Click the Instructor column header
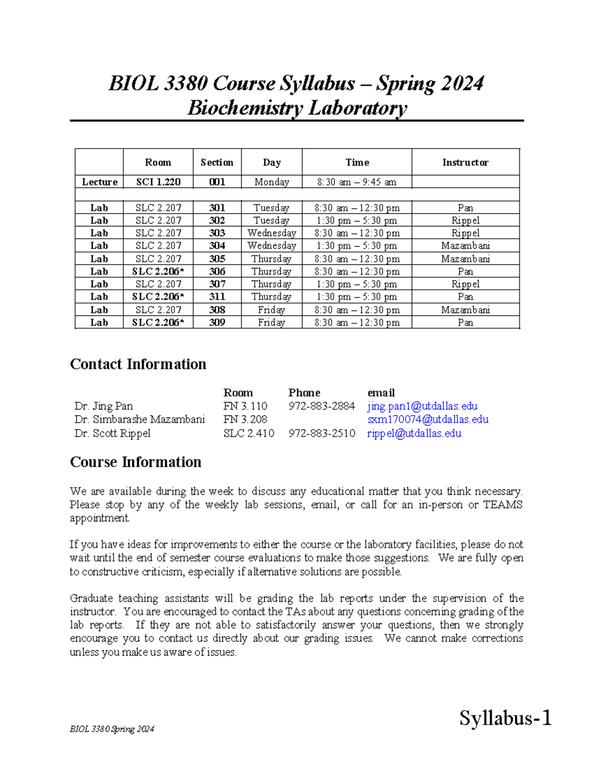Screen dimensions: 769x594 click(x=465, y=162)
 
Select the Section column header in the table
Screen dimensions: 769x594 click(x=217, y=162)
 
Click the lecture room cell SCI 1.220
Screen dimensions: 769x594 click(x=158, y=182)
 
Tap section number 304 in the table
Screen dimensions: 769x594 click(x=217, y=246)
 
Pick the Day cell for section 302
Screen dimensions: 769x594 click(x=271, y=220)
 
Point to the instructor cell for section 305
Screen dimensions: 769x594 click(x=465, y=258)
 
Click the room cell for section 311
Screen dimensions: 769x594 click(x=158, y=297)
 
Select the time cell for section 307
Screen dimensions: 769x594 click(x=357, y=284)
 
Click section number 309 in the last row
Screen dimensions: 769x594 click(x=217, y=322)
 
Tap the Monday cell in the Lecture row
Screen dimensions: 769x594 click(x=271, y=182)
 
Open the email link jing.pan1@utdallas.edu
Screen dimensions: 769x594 click(x=422, y=406)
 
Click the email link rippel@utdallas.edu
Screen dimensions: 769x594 click(x=414, y=433)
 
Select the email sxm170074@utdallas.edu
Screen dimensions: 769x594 click(x=428, y=419)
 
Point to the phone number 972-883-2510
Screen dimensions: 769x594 click(x=322, y=433)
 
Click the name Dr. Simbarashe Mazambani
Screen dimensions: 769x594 click(x=140, y=419)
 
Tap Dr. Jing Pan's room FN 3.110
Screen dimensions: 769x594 click(x=246, y=406)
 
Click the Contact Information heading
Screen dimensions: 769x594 click(x=138, y=364)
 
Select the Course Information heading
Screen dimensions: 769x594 click(x=136, y=462)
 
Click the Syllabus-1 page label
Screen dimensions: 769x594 click(x=505, y=718)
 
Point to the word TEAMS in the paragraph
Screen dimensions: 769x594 click(x=503, y=505)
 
